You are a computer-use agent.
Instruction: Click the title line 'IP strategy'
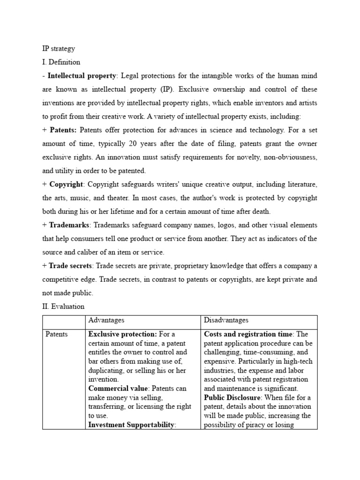(59, 48)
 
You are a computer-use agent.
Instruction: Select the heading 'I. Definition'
(61, 62)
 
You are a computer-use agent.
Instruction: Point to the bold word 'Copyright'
(67, 184)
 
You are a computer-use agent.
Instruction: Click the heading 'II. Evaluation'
(63, 307)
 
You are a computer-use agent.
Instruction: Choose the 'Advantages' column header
(106, 320)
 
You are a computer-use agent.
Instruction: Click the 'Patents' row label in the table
(57, 334)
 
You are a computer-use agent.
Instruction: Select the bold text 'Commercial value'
(117, 389)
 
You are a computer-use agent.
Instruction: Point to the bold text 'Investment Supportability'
(131, 425)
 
